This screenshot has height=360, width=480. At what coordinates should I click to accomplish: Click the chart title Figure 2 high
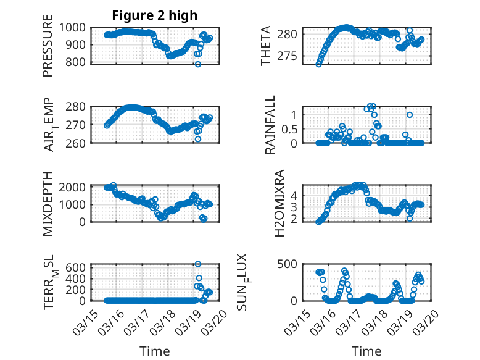point(154,15)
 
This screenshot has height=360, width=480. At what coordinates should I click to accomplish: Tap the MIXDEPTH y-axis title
point(48,203)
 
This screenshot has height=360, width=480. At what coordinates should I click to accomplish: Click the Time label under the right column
point(366,351)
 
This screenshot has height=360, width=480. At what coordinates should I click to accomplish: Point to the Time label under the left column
point(154,351)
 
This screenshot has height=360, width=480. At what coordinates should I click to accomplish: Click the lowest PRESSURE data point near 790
point(198,64)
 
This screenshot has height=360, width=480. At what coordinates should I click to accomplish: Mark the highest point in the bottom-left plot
point(198,264)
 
